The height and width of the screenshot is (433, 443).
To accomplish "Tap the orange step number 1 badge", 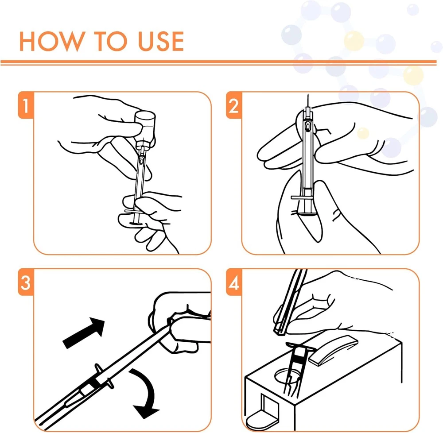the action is click(26, 105).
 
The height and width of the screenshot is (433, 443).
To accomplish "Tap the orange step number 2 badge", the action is click(234, 105).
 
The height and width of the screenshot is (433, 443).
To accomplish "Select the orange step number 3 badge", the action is click(26, 282).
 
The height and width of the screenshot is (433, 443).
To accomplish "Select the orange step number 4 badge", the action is click(234, 282).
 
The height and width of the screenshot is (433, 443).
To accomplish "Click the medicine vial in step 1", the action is click(145, 128).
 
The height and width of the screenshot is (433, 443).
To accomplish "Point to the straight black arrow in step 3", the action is click(84, 332).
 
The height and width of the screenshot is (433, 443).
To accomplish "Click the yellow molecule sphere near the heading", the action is click(354, 41).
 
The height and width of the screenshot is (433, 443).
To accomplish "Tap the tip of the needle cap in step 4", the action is click(278, 331).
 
